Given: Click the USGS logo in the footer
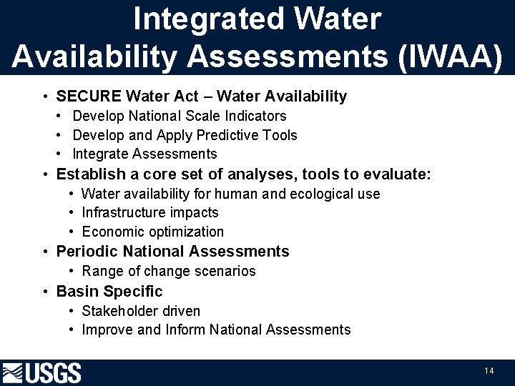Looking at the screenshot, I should point(42,372).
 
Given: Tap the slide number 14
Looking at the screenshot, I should point(489,370).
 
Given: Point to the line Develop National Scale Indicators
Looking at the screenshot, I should point(180,116).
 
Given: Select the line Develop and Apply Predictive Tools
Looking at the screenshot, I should point(185,135).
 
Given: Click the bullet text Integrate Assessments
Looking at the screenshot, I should point(144,154).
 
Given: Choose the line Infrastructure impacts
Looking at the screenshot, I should point(150,212).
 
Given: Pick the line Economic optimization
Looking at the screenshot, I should point(153,232).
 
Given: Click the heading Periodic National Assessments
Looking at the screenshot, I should point(172,252).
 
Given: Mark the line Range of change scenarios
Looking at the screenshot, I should point(169,271).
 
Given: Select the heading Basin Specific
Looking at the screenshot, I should point(109,292).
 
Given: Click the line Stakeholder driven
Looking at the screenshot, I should point(141,311).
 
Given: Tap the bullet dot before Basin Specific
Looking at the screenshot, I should point(45,292).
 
